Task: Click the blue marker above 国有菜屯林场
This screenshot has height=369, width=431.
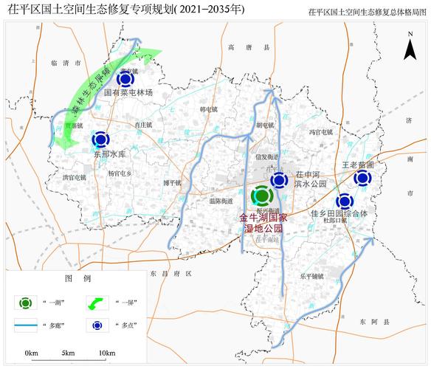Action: coord(126,79)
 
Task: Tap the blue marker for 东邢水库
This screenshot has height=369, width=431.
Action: coord(100,139)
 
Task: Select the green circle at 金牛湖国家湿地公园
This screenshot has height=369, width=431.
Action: coord(261,197)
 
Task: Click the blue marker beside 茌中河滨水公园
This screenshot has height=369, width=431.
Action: coord(279,181)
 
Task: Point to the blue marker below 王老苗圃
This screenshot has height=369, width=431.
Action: coord(362,179)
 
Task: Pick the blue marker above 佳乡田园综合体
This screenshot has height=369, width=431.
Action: coord(344,201)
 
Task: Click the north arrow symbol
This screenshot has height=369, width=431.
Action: coord(410,49)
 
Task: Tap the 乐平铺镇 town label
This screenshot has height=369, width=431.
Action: coord(312,276)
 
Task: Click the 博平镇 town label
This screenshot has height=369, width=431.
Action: coord(172,182)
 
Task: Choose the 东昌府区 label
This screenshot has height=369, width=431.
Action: coord(165,272)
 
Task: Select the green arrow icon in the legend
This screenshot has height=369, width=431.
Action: coord(97,303)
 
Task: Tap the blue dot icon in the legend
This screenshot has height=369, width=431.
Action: coord(97,324)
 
